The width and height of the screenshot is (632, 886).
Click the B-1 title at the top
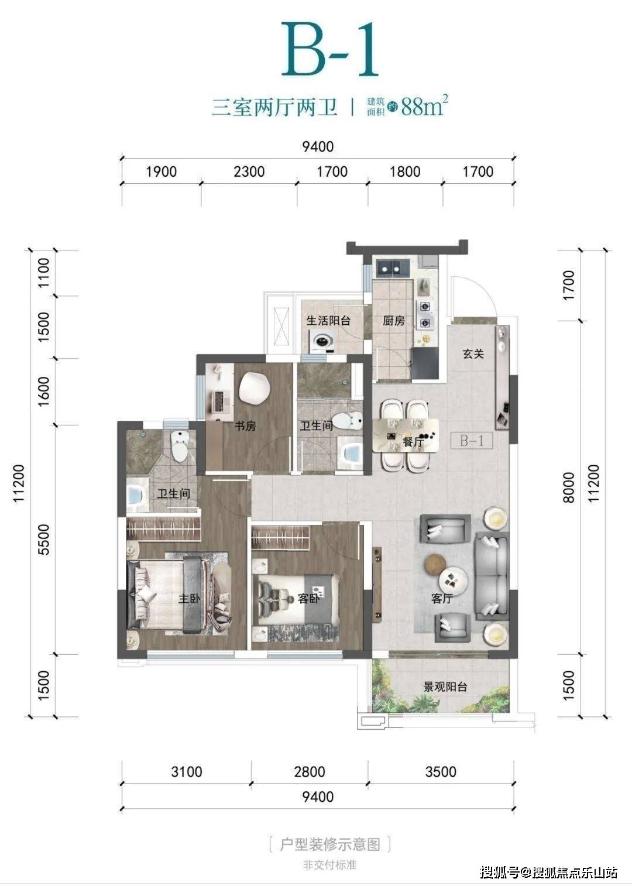[329, 49]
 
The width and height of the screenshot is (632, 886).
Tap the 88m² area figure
[424, 105]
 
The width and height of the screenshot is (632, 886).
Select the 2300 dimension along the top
[249, 171]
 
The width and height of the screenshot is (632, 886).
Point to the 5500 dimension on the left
[44, 540]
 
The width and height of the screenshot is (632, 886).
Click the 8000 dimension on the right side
[568, 487]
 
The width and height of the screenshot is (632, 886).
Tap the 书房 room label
[245, 425]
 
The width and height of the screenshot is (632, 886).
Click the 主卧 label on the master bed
[189, 599]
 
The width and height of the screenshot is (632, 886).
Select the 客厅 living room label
[442, 599]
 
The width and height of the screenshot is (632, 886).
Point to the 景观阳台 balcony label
[445, 686]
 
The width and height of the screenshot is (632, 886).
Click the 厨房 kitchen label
[393, 321]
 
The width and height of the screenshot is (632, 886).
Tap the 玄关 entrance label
[473, 353]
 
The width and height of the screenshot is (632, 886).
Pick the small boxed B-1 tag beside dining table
[472, 441]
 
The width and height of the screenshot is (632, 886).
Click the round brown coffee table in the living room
[435, 564]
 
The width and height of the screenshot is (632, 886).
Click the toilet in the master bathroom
[180, 446]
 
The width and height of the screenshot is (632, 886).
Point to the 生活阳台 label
[328, 320]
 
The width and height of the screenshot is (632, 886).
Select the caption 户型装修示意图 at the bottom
[330, 844]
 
